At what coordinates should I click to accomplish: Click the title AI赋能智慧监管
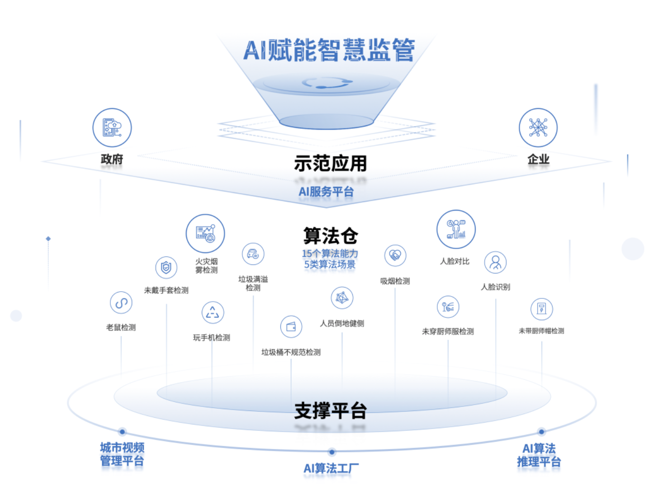tap(329, 50)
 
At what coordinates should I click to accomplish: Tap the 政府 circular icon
tap(112, 127)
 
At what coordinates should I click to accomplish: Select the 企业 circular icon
tap(538, 127)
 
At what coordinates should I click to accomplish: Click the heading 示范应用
tap(330, 163)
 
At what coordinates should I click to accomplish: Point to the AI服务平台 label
tap(326, 192)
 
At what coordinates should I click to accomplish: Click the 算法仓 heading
tap(331, 236)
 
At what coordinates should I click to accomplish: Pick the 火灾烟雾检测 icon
tap(205, 233)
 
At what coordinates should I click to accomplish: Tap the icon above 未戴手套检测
tap(166, 268)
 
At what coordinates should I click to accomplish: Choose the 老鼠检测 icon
tap(121, 303)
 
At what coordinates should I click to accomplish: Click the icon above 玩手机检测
tap(213, 312)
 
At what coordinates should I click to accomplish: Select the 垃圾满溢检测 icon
tap(253, 254)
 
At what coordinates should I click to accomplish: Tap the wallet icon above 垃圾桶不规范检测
tap(291, 326)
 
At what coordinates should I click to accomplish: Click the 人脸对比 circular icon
tap(456, 229)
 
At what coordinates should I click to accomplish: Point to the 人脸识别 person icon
tap(495, 262)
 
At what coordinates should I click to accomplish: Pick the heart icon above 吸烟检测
tap(395, 255)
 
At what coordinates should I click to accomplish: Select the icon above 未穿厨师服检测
tap(448, 307)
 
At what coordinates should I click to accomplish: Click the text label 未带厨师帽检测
tap(541, 331)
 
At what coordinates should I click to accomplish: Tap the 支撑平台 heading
tap(331, 410)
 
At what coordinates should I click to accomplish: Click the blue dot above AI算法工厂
tap(332, 452)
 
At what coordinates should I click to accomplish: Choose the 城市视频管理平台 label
tap(122, 454)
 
